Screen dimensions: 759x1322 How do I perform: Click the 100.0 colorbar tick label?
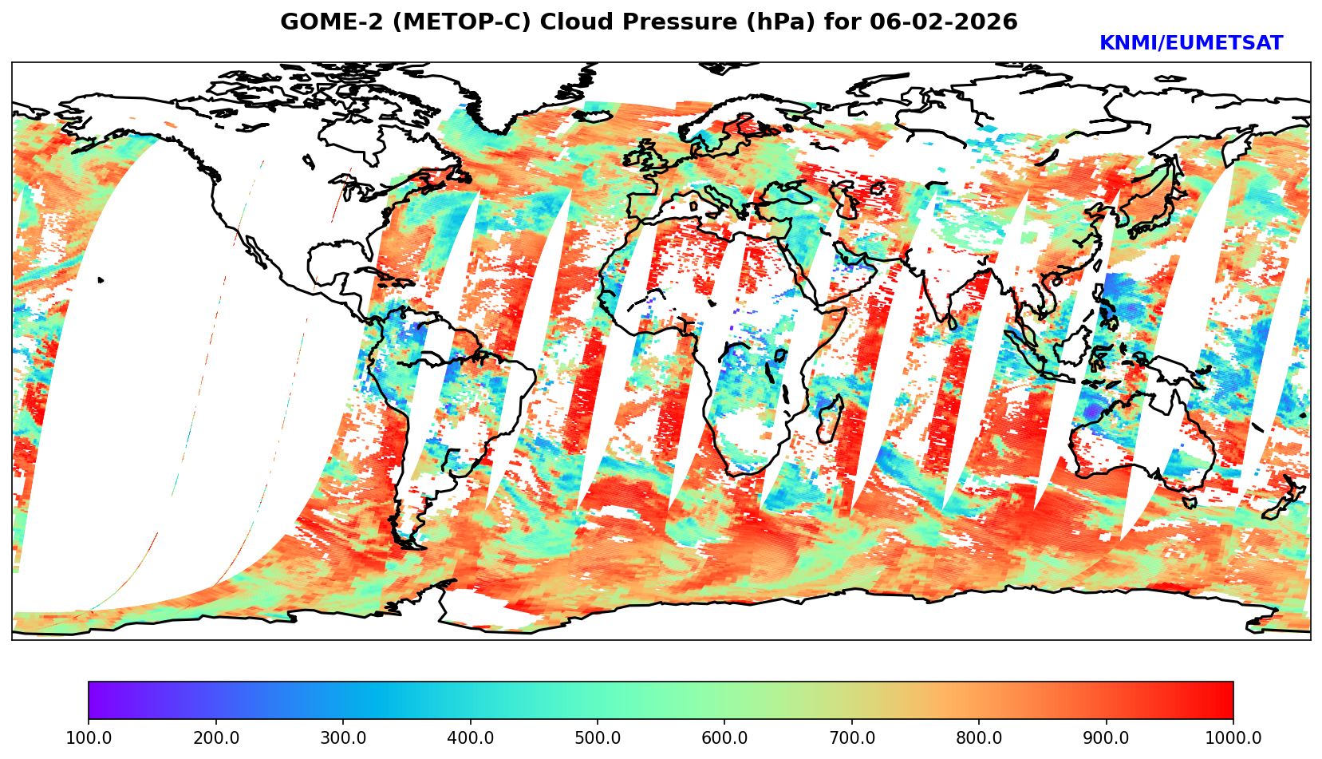click(x=89, y=738)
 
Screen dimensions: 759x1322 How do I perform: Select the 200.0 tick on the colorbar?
click(x=215, y=738)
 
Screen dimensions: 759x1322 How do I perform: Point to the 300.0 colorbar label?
click(x=343, y=738)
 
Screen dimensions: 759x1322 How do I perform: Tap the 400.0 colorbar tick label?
click(x=470, y=738)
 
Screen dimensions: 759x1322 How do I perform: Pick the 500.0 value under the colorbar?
click(x=598, y=738)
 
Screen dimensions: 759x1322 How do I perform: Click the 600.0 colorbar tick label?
click(x=724, y=738)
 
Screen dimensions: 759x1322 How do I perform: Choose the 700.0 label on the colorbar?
click(x=852, y=738)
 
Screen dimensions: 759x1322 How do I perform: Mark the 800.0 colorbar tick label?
click(x=979, y=738)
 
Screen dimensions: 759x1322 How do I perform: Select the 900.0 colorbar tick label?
click(x=1107, y=738)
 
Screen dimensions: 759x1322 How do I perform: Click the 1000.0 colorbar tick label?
click(x=1233, y=738)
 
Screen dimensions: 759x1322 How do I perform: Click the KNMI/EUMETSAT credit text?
click(x=1190, y=44)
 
